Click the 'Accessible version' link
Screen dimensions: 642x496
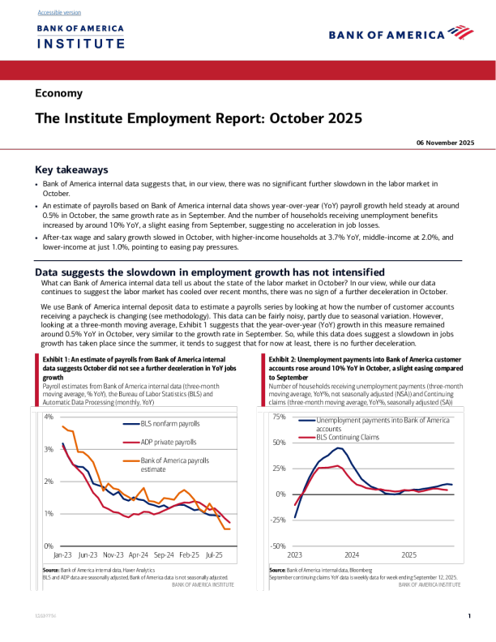click(59, 13)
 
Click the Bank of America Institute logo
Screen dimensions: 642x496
click(80, 36)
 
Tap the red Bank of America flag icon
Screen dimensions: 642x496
click(460, 33)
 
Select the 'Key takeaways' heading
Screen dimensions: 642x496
click(71, 170)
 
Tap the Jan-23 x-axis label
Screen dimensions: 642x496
click(63, 556)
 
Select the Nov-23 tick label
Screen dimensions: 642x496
click(113, 556)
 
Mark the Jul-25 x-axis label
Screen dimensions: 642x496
click(214, 556)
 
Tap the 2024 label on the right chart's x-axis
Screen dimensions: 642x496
click(352, 556)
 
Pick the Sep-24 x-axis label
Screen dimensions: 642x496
click(164, 556)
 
